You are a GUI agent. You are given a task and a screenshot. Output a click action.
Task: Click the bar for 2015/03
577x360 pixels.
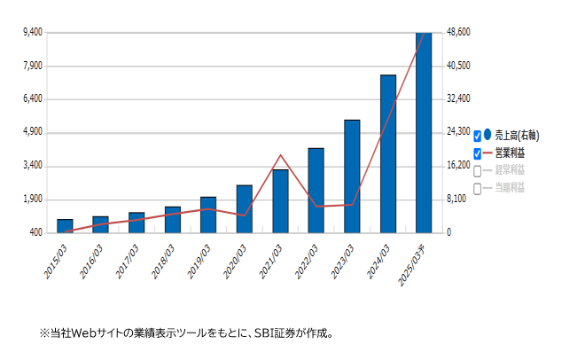[x=65, y=226]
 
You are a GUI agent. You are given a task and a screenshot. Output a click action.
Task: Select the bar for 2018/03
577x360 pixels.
[x=172, y=220]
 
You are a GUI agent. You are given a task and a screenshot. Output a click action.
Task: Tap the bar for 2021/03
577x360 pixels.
[x=280, y=201]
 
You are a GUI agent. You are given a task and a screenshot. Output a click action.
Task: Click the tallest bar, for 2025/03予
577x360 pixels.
[x=424, y=133]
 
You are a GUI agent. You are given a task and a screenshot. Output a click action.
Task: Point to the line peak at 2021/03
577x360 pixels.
[x=280, y=155]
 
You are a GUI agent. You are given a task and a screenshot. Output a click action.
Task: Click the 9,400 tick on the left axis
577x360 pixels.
[x=32, y=33]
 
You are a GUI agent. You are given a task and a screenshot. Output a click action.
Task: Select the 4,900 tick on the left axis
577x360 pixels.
[x=32, y=133]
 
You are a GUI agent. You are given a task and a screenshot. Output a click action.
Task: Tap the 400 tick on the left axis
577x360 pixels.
[x=36, y=232]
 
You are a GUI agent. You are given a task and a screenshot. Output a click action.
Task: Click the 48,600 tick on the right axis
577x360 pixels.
[x=457, y=33]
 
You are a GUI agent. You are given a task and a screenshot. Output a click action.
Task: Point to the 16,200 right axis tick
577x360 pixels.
[x=457, y=166]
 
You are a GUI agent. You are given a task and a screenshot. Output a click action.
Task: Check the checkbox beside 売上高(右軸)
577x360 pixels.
[x=478, y=136]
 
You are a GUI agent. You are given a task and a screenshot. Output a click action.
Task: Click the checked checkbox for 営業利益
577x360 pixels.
[x=478, y=153]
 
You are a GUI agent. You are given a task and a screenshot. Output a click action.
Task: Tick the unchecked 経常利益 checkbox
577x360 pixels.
[x=478, y=171]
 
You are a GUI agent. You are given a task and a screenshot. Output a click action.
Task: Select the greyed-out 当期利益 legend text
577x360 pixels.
[x=510, y=188]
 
